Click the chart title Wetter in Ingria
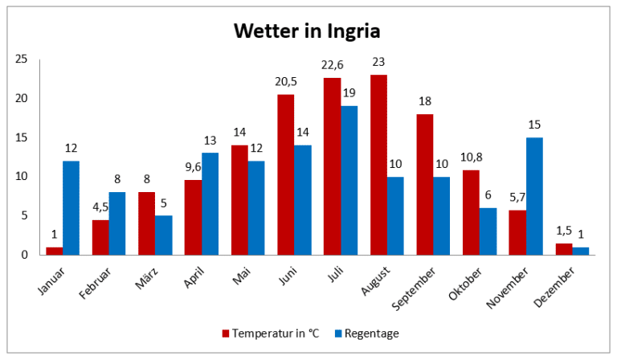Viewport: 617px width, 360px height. (307, 31)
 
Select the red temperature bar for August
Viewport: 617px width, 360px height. (378, 165)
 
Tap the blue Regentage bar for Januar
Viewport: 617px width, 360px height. (72, 207)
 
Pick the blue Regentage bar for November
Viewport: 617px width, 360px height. (533, 196)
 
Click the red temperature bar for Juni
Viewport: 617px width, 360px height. (286, 174)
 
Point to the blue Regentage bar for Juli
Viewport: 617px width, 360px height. (348, 180)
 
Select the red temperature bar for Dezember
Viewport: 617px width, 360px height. (564, 249)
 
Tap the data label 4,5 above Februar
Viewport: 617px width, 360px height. (100, 207)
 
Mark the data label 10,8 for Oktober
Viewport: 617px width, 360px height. (471, 157)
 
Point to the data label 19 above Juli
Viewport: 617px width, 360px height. (349, 94)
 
